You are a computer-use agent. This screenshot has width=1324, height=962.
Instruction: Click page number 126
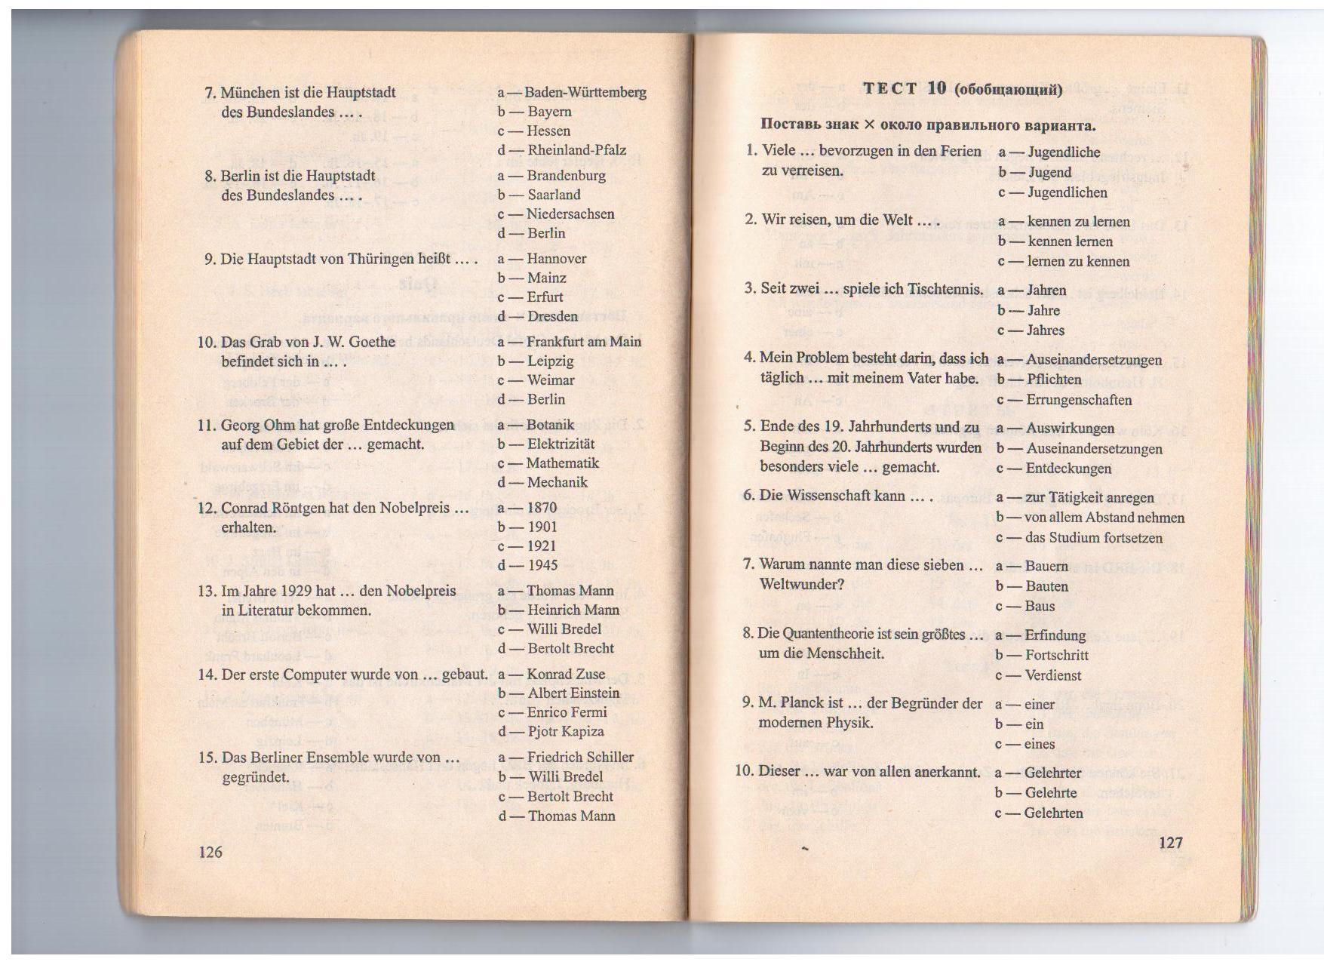pos(210,852)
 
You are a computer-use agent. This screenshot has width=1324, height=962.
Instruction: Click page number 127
pos(1170,842)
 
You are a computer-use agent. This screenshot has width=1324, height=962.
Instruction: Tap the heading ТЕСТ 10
pos(904,88)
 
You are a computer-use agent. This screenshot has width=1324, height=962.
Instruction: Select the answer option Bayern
pos(549,112)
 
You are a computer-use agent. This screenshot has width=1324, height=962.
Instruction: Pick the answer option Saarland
pos(554,195)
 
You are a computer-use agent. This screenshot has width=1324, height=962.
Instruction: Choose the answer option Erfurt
pos(545,297)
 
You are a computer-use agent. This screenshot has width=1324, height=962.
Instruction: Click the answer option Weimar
pos(551,380)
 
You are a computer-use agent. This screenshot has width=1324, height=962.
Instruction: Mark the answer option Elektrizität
pos(561,444)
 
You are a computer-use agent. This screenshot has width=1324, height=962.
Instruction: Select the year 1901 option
pos(542,527)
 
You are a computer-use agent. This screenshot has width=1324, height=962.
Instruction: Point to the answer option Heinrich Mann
pos(573,610)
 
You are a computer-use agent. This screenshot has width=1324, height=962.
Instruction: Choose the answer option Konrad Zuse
pos(566,675)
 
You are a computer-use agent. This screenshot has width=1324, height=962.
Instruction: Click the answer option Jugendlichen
pos(1067,192)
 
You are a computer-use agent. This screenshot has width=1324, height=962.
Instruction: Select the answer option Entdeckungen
pos(1068,469)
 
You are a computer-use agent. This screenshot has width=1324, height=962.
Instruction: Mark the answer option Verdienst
pos(1053,676)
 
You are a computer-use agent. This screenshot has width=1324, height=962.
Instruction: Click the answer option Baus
pos(1040,607)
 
